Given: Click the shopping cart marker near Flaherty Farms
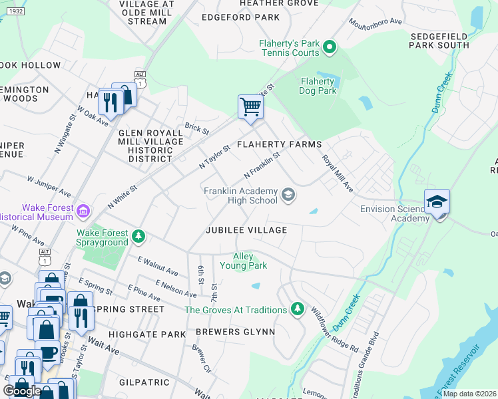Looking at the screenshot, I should click(250, 106).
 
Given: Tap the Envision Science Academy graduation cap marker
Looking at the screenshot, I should click(437, 201).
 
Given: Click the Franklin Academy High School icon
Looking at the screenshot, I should click(288, 195).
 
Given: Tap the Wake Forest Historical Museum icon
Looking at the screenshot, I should click(83, 212).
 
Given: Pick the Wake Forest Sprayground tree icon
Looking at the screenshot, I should click(138, 237).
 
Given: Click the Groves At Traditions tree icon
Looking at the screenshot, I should click(298, 309).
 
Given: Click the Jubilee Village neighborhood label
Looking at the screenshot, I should click(246, 230).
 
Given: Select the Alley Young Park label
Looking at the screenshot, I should click(250, 261).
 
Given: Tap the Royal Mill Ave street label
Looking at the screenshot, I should click(338, 174).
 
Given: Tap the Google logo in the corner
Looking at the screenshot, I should click(22, 390).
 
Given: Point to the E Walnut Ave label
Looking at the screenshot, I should click(158, 265).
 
